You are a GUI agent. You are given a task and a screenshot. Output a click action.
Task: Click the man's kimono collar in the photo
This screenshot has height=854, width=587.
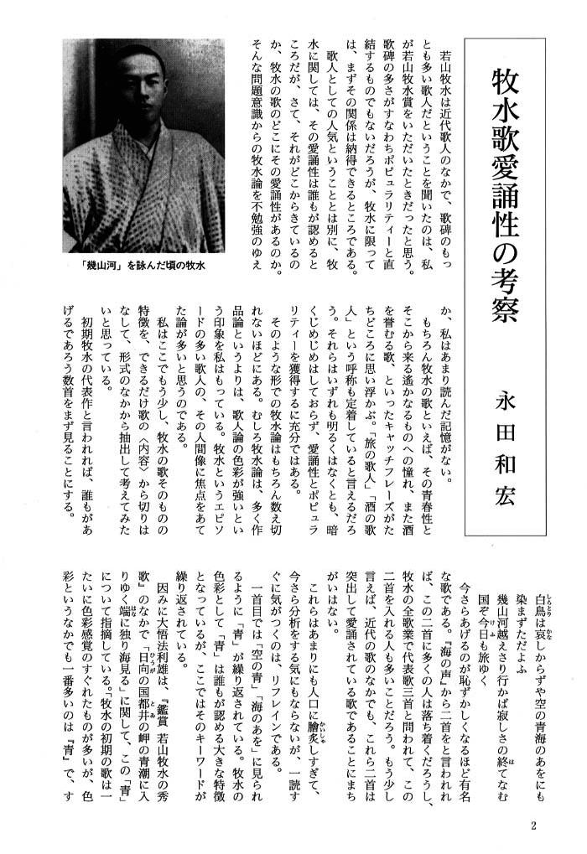pyautogui.click(x=126, y=159)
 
